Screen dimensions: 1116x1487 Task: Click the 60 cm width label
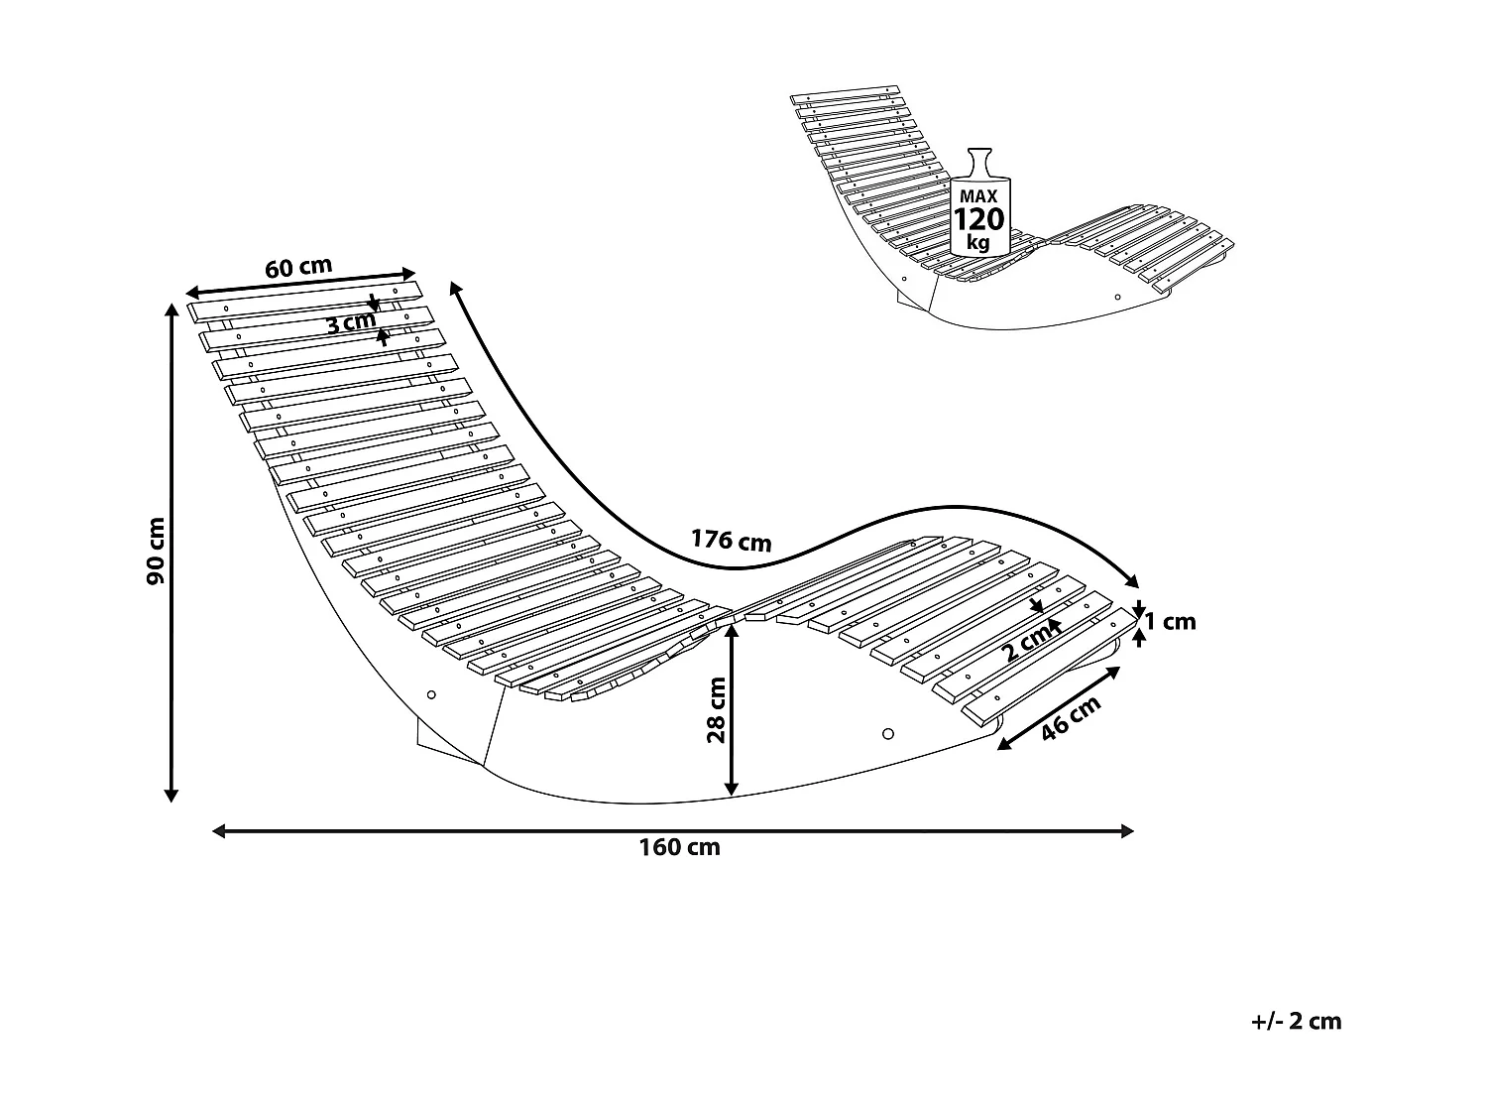pos(298,267)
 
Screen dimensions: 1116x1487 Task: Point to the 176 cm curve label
pos(731,540)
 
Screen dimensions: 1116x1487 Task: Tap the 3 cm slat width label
pos(352,321)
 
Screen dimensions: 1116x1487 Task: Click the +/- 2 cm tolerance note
pos(1296,1021)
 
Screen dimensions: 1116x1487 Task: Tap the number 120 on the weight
pos(978,219)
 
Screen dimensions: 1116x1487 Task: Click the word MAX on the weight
pos(978,196)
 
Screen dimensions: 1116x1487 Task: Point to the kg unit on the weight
pos(978,241)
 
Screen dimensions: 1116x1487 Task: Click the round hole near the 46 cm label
pos(887,734)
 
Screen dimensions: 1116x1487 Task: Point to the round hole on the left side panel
pos(430,695)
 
